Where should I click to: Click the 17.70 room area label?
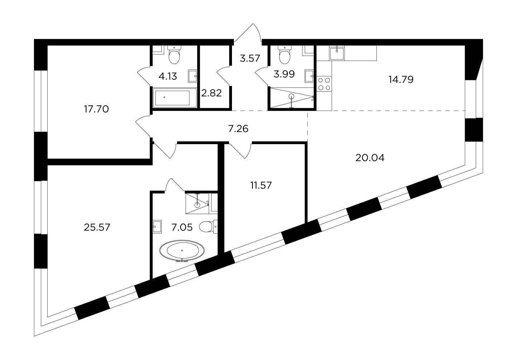coord(96,109)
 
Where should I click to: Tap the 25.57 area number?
coord(97,228)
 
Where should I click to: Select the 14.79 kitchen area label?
coord(401,80)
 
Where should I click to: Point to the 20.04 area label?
coord(370,158)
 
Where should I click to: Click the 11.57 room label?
coord(261,185)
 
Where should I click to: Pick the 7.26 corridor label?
coord(238,129)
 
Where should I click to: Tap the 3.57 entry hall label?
coord(250,58)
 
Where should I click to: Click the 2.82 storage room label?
coord(212,93)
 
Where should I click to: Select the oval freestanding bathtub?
coord(182,251)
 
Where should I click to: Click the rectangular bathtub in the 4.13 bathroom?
coord(175,98)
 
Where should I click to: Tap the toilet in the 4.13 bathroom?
coord(174,55)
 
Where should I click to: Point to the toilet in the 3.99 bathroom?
coord(285,55)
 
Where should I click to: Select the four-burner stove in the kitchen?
coord(324,84)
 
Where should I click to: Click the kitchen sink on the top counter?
coord(337,53)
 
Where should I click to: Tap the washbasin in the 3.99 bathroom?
coord(309,76)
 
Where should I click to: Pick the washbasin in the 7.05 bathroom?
coord(157,227)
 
